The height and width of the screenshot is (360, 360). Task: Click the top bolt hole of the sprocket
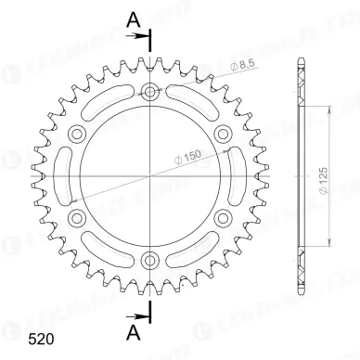coord(149,93)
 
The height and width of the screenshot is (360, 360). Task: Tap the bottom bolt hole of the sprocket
coord(149,257)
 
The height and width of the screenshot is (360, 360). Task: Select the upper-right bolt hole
coord(221,135)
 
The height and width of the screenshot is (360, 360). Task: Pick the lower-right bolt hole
coord(221,216)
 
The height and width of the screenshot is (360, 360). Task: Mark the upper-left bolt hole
coord(78,135)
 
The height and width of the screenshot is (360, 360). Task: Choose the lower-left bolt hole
coord(78,216)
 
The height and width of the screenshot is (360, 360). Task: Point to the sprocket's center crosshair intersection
coord(149,175)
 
